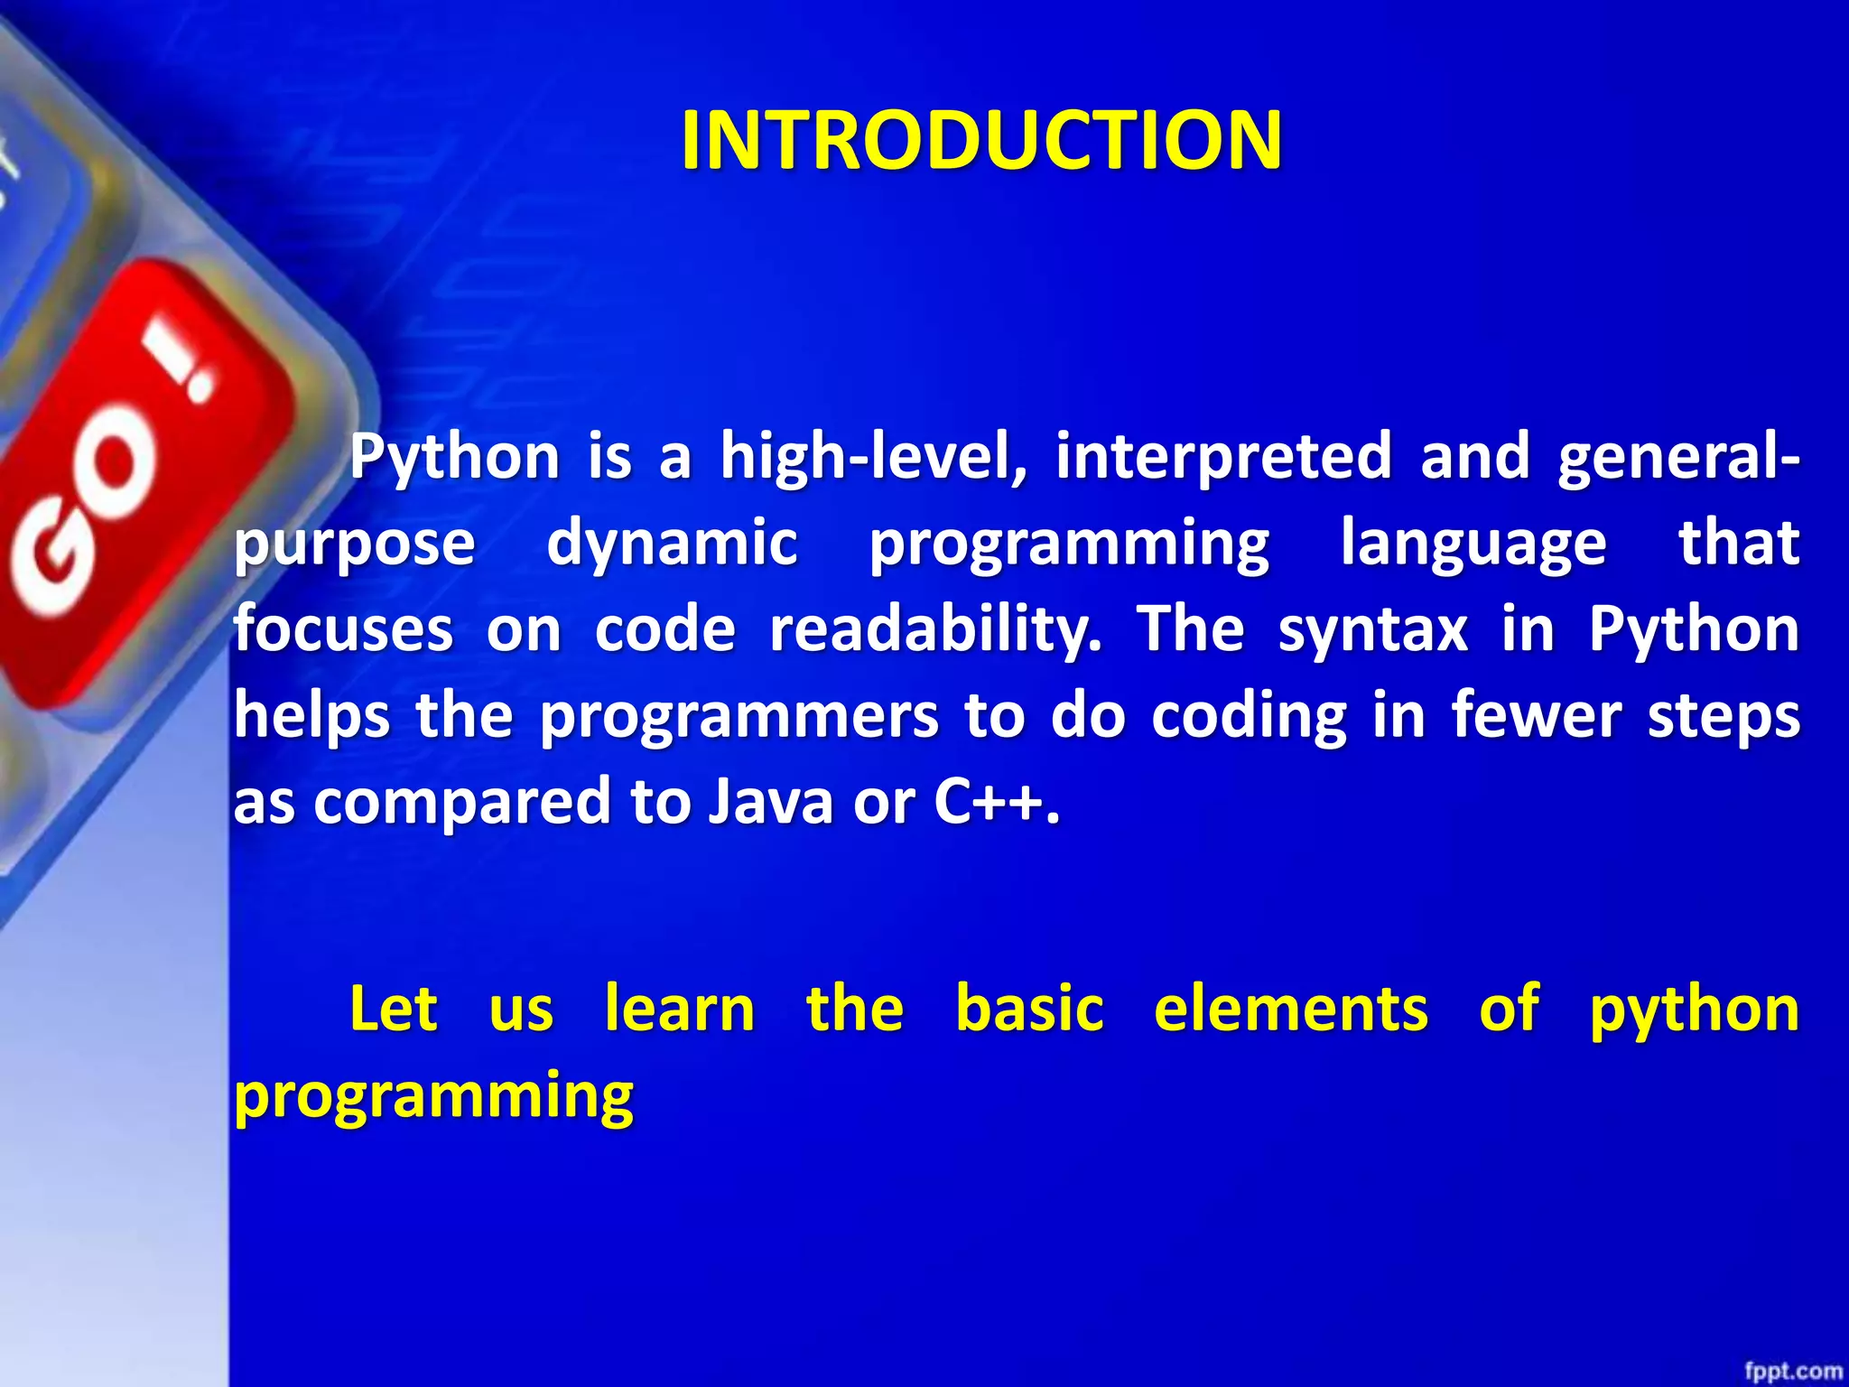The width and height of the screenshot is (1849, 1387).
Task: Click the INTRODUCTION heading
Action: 980,140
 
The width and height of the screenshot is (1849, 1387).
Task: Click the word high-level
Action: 873,457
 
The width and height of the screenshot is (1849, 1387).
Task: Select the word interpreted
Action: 1223,455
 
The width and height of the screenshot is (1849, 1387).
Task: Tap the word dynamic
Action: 673,544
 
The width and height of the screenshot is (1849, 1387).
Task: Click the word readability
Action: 935,629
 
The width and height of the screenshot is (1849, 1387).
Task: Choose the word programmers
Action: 739,717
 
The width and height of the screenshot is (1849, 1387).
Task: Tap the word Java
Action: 770,801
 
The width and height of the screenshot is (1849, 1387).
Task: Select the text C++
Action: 997,801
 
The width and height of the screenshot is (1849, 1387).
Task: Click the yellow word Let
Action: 394,1009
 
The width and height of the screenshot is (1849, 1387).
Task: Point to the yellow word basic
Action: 1029,1009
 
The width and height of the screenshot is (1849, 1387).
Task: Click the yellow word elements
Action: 1291,1009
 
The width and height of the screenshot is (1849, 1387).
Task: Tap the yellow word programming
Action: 434,1096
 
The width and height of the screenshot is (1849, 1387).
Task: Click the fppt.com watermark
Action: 1791,1371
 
